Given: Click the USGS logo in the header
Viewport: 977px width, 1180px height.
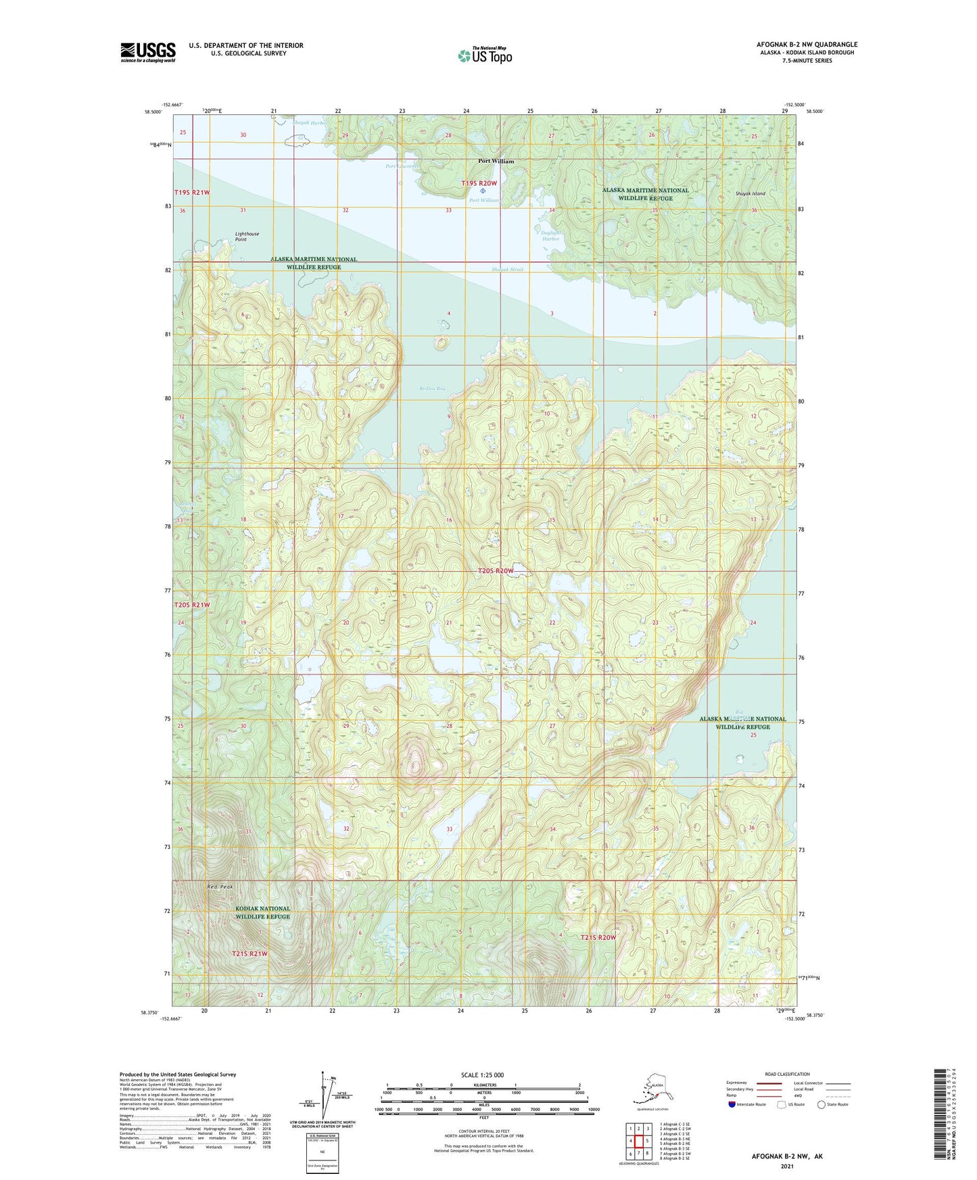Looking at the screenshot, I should pyautogui.click(x=148, y=52).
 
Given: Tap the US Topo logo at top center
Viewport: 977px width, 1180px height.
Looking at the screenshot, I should pyautogui.click(x=485, y=55).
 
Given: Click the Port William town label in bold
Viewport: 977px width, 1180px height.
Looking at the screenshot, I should pyautogui.click(x=496, y=162).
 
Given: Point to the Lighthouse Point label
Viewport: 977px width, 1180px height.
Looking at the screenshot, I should pyautogui.click(x=247, y=237).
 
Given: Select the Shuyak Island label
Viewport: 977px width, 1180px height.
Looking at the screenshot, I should pyautogui.click(x=750, y=194).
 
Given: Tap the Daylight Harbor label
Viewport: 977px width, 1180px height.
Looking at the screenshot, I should pyautogui.click(x=551, y=235).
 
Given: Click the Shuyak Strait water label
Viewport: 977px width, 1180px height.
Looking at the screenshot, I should pyautogui.click(x=507, y=270).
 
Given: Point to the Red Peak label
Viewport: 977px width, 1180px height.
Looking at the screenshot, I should pyautogui.click(x=220, y=886).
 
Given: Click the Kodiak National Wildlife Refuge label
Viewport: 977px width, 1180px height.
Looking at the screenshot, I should pyautogui.click(x=262, y=912).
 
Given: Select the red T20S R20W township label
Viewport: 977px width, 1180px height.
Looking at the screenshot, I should pyautogui.click(x=496, y=571).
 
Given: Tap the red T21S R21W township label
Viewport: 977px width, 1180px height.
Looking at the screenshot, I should pyautogui.click(x=249, y=954).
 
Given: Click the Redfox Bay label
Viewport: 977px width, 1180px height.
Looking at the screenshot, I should pyautogui.click(x=432, y=389).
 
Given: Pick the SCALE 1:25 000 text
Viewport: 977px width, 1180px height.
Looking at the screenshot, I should pyautogui.click(x=481, y=1075).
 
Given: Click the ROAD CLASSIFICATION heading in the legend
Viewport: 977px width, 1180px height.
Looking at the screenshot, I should pyautogui.click(x=787, y=1074).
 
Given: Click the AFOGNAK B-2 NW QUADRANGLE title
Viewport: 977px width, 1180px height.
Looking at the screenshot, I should pyautogui.click(x=807, y=45).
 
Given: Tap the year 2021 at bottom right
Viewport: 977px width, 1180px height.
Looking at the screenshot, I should pyautogui.click(x=787, y=1166).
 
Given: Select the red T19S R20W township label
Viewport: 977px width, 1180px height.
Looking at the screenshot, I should pyautogui.click(x=479, y=183).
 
